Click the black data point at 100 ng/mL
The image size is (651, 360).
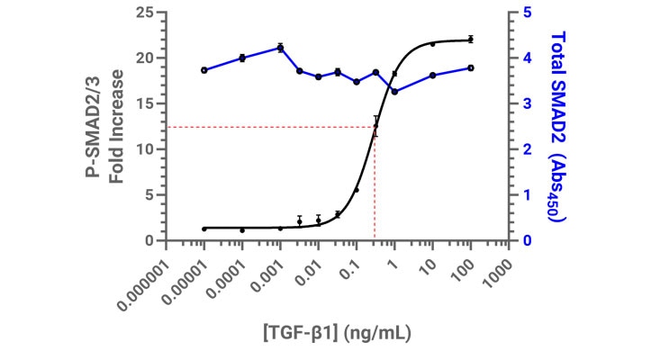470,40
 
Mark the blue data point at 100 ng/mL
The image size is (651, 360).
470,67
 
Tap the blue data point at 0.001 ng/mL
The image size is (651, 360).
280,48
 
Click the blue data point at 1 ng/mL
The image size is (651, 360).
394,92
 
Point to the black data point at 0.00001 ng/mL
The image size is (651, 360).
204,229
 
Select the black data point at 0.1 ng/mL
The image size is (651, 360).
357,190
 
